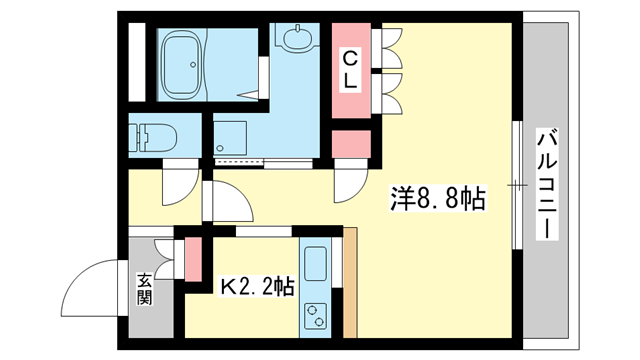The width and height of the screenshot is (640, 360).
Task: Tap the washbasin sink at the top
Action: point(296,40)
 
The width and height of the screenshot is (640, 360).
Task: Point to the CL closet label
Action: point(351,69)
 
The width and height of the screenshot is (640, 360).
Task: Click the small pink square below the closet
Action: point(351,147)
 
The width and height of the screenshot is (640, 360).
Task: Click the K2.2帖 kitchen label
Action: point(257,287)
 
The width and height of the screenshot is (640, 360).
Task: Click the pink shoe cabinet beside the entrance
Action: point(192,260)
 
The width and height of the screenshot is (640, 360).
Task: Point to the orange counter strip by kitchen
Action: point(350,285)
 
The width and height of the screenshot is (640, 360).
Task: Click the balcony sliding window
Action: point(517,185)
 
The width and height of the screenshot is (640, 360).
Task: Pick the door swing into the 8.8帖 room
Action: point(350,181)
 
